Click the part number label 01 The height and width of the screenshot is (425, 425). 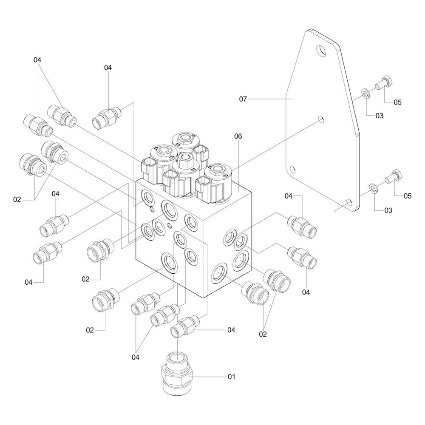tap(231, 377)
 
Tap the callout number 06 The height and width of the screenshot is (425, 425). tap(238, 136)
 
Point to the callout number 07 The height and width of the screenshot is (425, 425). tap(243, 99)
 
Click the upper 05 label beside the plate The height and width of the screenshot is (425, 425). tap(397, 102)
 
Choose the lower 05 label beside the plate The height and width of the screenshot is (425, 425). tap(408, 196)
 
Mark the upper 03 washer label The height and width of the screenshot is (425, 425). tap(379, 116)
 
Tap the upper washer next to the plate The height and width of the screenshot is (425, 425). tap(365, 93)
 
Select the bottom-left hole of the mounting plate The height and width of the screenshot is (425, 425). tap(292, 170)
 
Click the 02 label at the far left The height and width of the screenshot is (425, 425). tap(17, 199)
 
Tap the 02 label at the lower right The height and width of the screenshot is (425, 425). tap(263, 334)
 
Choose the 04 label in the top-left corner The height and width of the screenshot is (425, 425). tap(38, 60)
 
